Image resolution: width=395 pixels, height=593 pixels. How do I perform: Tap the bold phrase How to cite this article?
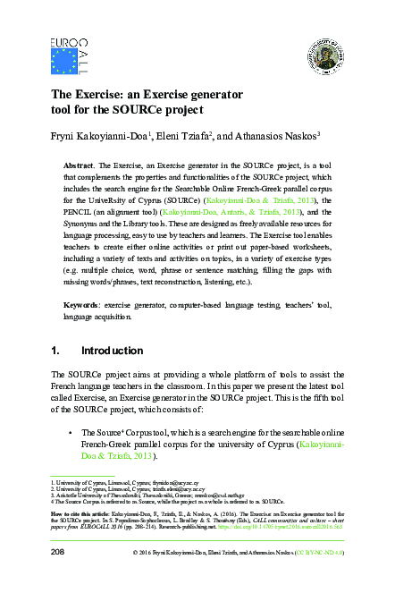click(80, 514)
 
